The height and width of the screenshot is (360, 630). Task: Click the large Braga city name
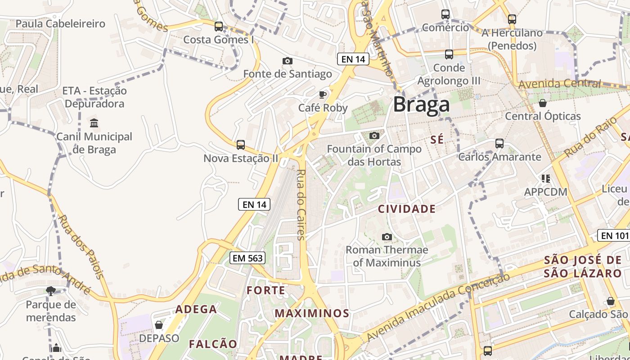421,105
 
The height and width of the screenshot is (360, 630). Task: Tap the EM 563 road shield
247,258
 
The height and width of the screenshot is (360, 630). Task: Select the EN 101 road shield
614,235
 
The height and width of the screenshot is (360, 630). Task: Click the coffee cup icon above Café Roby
323,94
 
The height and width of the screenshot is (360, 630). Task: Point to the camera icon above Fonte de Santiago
288,61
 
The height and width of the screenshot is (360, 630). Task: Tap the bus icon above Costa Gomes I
219,27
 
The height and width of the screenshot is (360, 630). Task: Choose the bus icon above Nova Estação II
241,144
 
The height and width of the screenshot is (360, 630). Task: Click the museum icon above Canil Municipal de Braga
94,123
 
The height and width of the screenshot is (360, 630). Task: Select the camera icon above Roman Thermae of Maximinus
387,237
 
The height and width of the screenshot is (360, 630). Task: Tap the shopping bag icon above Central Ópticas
543,103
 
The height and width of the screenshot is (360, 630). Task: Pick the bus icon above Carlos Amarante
499,144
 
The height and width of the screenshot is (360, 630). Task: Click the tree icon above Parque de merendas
50,291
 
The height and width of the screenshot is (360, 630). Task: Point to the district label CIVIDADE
407,209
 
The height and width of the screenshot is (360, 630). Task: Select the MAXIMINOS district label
312,313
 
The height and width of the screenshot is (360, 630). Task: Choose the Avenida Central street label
559,84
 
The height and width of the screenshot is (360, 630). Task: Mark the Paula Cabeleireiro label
60,23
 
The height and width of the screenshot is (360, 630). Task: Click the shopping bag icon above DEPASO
159,325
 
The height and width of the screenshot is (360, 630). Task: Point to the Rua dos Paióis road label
81,247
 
